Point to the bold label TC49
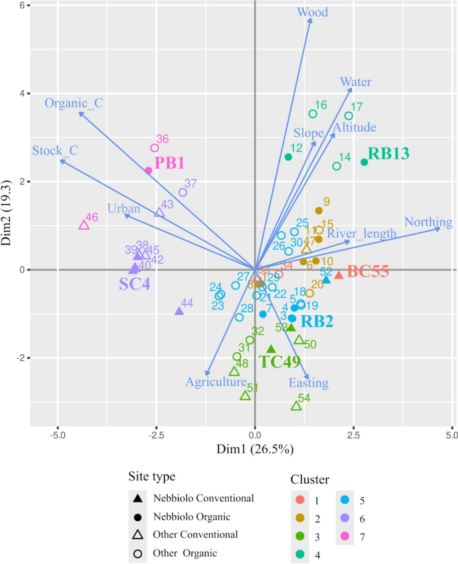[280, 362]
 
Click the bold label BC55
[368, 273]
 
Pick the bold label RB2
[317, 321]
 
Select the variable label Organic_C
[74, 103]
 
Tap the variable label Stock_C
[55, 150]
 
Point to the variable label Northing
[429, 222]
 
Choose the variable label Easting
[308, 383]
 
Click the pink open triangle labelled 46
[84, 225]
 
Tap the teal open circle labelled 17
[348, 116]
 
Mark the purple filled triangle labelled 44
[179, 311]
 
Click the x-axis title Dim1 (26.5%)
[255, 449]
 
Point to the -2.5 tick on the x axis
[156, 435]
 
